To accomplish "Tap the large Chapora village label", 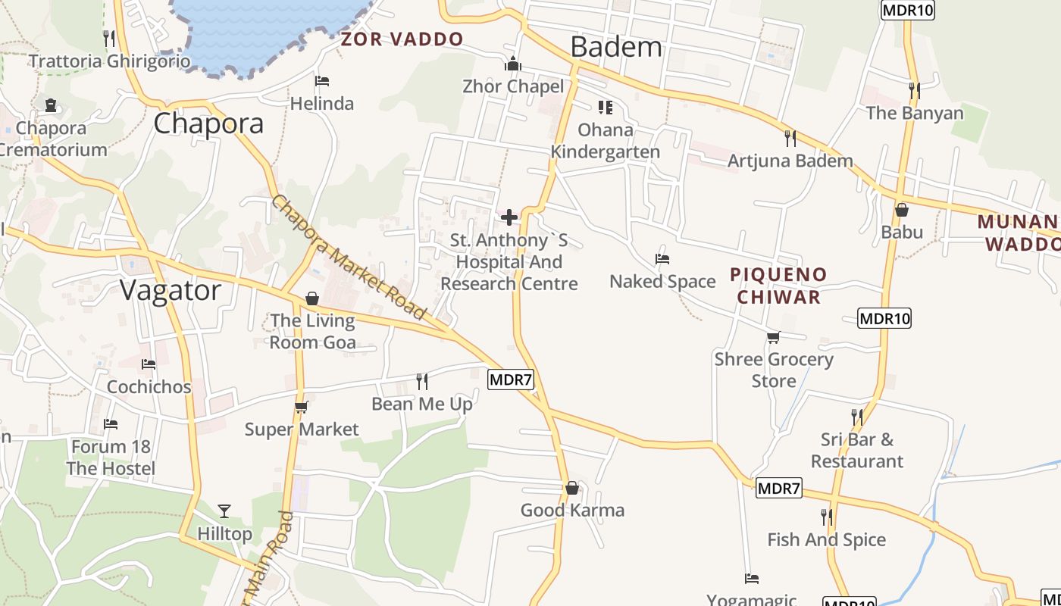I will click(208, 123).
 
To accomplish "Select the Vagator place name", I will click(171, 290).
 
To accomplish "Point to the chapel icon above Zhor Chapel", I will click(513, 64).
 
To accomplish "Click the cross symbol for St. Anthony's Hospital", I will click(509, 217).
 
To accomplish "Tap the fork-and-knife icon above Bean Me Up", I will click(422, 381).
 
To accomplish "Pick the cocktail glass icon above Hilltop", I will click(224, 511).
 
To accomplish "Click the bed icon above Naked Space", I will click(662, 258).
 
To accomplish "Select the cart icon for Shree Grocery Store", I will click(773, 337).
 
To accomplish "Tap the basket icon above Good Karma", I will click(572, 488).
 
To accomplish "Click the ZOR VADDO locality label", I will click(402, 39).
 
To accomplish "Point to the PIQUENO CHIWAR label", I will click(779, 286).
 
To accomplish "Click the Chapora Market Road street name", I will click(349, 257).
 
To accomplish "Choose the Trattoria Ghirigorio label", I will click(109, 61).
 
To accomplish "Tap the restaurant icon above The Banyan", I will click(914, 90).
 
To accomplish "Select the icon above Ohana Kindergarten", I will click(605, 108).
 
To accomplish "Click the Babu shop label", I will click(902, 232).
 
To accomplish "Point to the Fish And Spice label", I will click(826, 540).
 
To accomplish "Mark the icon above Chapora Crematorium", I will click(51, 105).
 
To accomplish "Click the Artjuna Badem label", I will click(790, 161).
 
